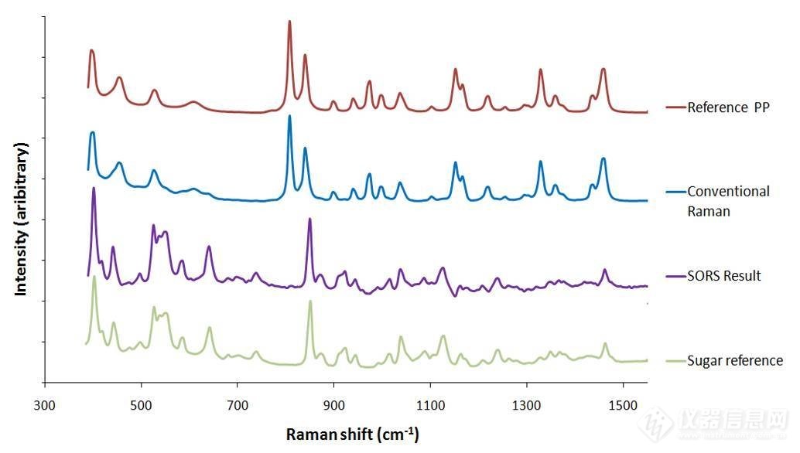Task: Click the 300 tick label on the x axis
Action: [45, 406]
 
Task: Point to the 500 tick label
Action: [141, 406]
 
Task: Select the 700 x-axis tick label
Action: [238, 406]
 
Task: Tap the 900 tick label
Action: [333, 406]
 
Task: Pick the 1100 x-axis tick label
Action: [430, 406]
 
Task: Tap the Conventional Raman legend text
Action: [728, 201]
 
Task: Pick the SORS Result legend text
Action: [723, 276]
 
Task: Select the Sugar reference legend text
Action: [734, 361]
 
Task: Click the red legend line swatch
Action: [675, 107]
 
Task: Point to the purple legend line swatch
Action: [675, 276]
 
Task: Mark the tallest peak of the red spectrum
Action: [289, 22]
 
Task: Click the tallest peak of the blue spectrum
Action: [289, 116]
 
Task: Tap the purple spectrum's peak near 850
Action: [309, 219]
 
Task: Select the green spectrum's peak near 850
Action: [310, 301]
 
